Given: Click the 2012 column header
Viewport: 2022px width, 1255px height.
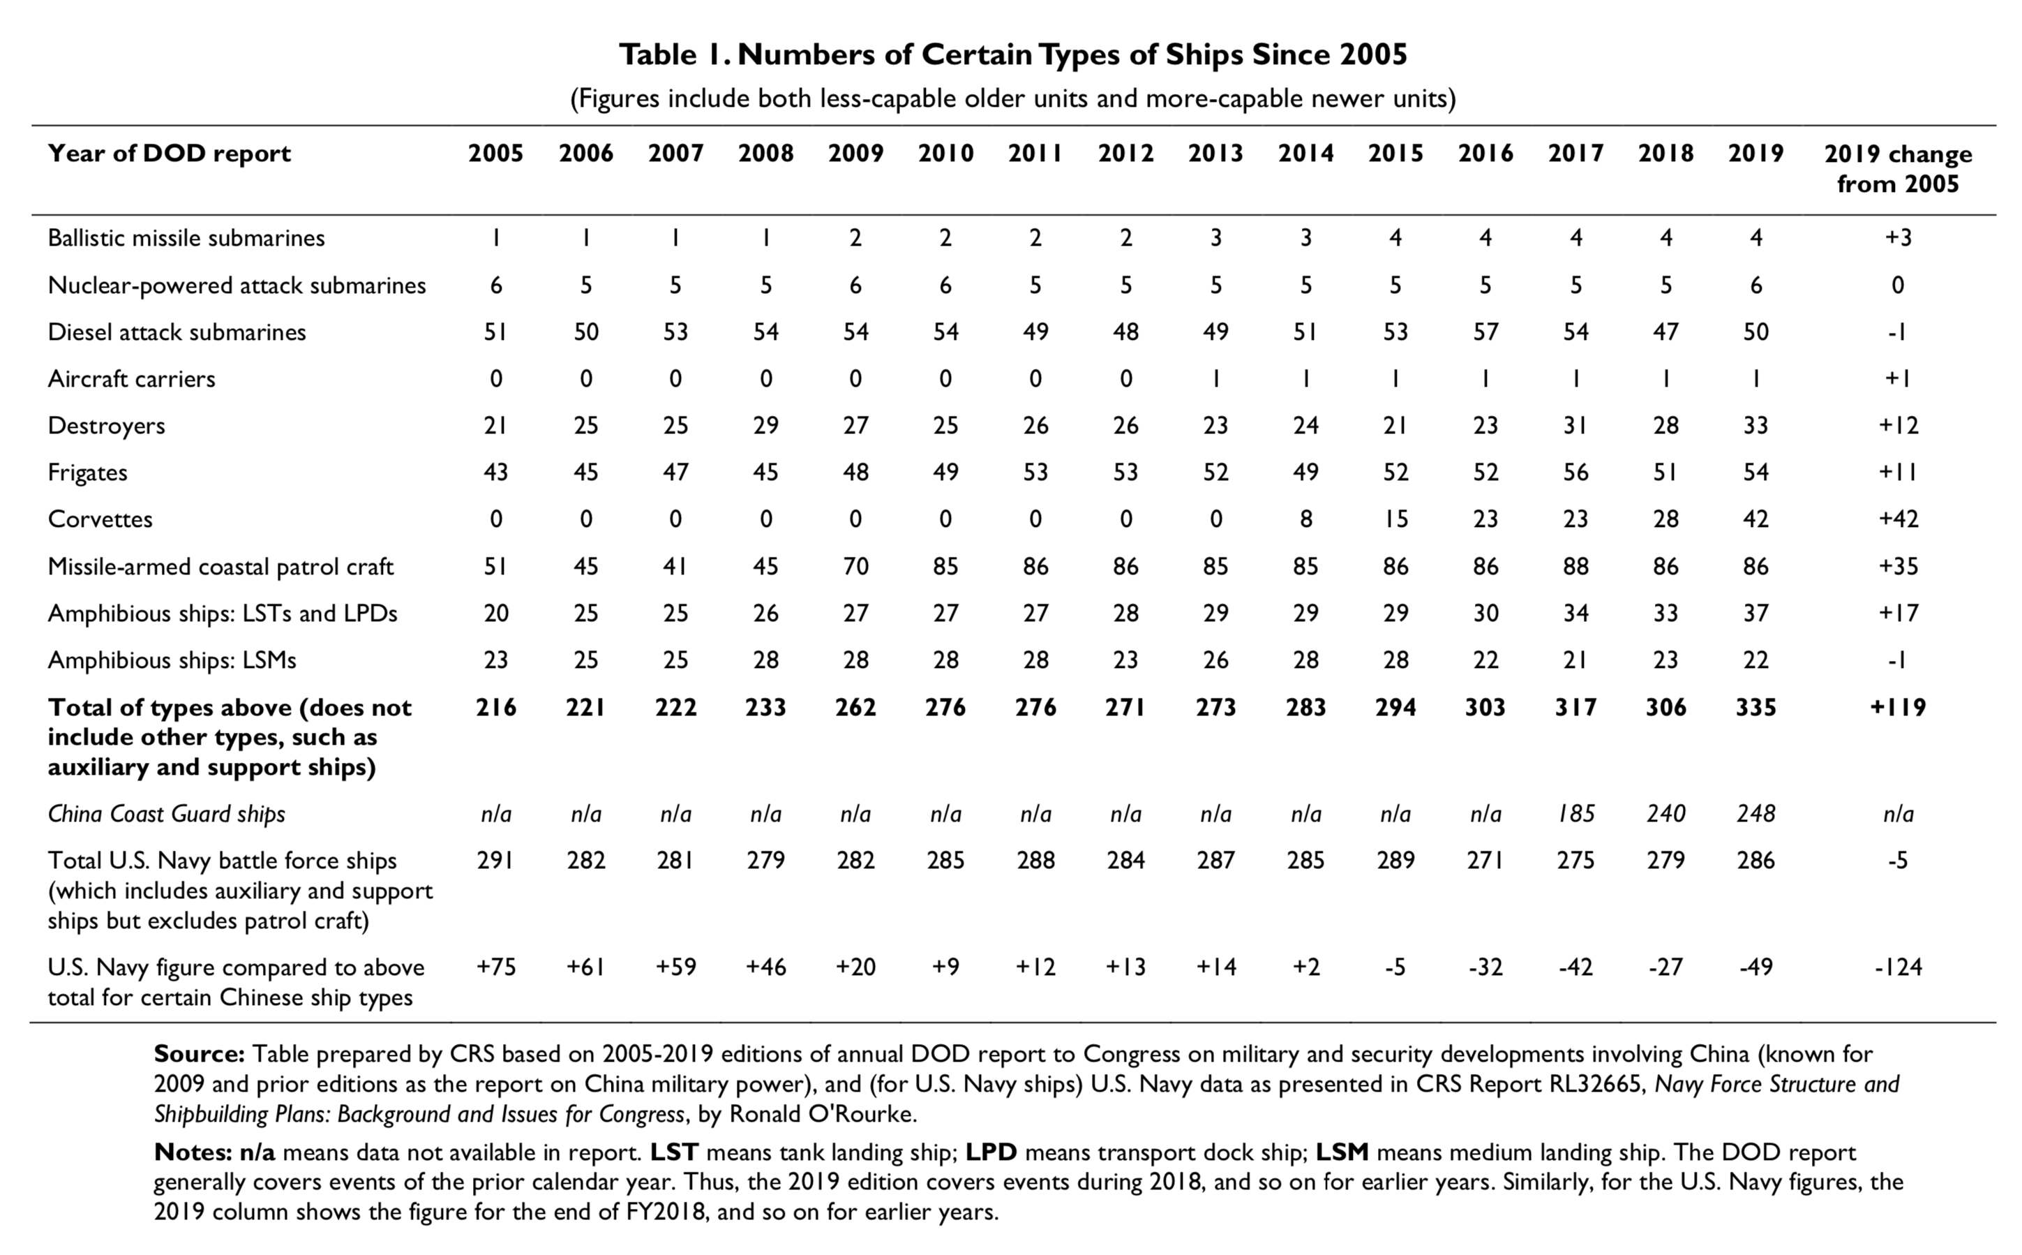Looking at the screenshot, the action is [1125, 154].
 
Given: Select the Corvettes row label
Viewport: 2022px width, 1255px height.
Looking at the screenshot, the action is [100, 519].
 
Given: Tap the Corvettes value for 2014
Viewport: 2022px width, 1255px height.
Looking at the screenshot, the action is [1305, 519].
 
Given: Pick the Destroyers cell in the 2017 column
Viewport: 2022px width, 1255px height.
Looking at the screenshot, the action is [1575, 426].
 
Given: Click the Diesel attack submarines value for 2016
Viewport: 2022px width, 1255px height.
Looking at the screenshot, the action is [1485, 332].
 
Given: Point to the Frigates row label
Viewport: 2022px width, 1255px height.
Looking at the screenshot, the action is [88, 473].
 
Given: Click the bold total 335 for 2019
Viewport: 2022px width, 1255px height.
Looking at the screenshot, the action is [1755, 708].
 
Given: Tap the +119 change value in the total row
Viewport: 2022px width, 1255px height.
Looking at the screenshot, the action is [1898, 708].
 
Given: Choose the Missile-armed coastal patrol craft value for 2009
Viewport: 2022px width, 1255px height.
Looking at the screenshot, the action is [855, 567].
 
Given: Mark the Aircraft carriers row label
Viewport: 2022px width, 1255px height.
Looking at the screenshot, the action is [131, 379].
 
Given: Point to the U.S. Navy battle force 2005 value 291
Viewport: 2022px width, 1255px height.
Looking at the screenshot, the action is [495, 861].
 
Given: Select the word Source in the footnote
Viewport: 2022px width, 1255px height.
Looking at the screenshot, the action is [199, 1054].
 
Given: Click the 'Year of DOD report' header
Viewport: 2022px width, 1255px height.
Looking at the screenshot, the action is [170, 154].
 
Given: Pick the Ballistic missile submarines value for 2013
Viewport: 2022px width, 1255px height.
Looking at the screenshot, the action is [1215, 238].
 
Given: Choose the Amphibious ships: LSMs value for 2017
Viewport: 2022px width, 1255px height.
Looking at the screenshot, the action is [1575, 661].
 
